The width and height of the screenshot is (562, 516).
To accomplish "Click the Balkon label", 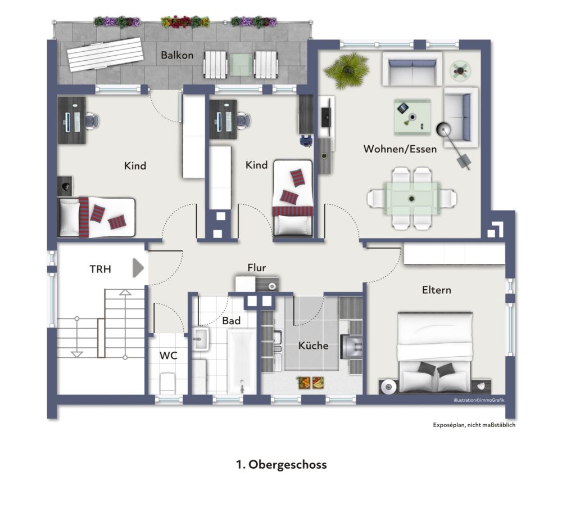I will (177, 55).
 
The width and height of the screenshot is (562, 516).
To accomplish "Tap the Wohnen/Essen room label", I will (400, 149).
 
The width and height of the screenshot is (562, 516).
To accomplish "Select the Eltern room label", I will (437, 290).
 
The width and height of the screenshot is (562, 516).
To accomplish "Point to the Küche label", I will (313, 346).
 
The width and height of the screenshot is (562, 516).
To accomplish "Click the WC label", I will (168, 356).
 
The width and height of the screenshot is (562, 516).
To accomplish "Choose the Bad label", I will (231, 321).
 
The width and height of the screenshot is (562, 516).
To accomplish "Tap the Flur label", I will (256, 268).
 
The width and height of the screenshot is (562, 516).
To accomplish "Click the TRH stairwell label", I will (100, 270).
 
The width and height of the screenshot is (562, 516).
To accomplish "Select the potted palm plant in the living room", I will (347, 69).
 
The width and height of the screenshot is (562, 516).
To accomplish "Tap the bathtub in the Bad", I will (242, 361).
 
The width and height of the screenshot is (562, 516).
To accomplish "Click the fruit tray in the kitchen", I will (311, 382).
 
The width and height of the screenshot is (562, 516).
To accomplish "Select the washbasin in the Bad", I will (201, 339).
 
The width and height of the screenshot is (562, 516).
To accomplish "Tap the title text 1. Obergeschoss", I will (281, 465).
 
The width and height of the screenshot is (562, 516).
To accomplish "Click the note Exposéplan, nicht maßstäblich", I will (474, 425).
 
